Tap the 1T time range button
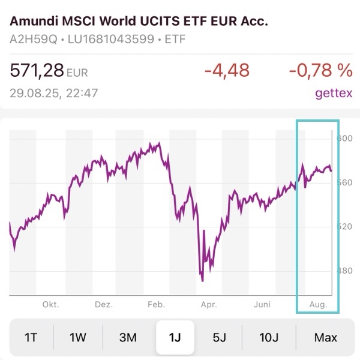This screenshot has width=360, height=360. coord(31,337)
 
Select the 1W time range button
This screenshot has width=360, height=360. coord(78,337)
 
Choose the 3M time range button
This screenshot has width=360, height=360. coord(128,337)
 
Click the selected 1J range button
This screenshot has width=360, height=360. coord(175,337)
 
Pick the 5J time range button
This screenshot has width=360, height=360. coord(220,337)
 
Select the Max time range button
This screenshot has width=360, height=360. coord(326,337)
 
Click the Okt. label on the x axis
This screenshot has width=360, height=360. coord(50,305)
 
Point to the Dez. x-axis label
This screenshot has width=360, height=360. coord(103,305)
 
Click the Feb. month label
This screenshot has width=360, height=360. coord(156,305)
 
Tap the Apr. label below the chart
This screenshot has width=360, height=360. coord(209,305)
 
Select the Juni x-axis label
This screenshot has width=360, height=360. coord(263,305)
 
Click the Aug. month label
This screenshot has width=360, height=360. coord(318,305)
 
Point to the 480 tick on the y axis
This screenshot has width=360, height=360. coord(344,271)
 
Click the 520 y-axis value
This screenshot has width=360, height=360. coord(344,227)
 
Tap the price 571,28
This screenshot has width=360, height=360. coord(37,71)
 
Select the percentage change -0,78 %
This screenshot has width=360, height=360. coord(320,71)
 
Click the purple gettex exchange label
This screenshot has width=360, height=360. coord(333,94)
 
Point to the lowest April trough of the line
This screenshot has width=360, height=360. coord(203,280)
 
